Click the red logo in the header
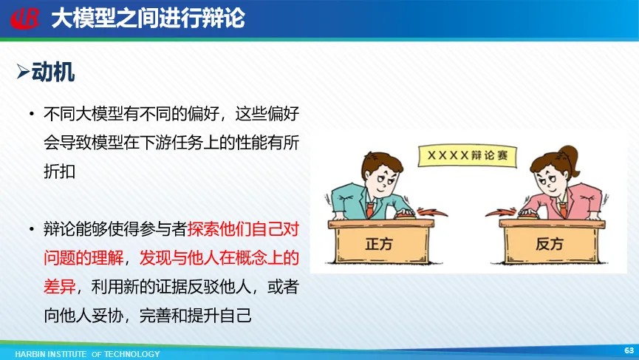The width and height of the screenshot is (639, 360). click(25, 18)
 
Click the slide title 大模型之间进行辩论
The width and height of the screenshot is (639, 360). click(148, 18)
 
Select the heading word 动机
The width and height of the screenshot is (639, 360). click(53, 72)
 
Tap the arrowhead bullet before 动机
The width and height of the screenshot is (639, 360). click(23, 72)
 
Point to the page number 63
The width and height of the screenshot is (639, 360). click(629, 350)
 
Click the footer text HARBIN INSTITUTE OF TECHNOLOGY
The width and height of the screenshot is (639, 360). click(87, 354)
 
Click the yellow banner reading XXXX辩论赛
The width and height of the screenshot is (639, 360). click(468, 155)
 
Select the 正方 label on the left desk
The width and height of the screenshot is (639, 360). click(378, 244)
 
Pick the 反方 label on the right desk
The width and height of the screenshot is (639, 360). click(550, 244)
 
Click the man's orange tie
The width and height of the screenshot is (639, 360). click(369, 209)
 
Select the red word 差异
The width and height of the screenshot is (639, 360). click(60, 287)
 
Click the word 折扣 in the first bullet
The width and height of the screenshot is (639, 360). click(60, 171)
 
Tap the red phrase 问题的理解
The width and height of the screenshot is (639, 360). click(83, 258)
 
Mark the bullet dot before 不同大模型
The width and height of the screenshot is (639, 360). click(32, 113)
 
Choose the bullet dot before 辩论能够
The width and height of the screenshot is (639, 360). click(32, 229)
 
